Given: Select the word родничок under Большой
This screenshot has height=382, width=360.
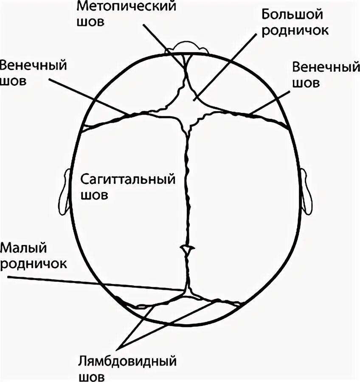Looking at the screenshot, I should pos(295,31).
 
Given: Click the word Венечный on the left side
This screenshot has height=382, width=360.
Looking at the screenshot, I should pos(34,66).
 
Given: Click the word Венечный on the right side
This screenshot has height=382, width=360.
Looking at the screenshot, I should pos(323,67).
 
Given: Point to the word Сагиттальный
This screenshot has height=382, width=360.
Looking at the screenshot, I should pos(127,179).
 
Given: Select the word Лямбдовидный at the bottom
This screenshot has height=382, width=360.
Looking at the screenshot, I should pos(127,362).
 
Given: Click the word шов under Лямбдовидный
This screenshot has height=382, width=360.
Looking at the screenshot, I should pos(92,377).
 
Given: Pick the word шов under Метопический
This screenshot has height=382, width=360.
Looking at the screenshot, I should pos(90,22).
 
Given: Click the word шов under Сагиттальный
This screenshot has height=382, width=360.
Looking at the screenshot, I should pos(94,195).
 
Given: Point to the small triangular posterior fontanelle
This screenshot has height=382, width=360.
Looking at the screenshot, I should pos(187,293).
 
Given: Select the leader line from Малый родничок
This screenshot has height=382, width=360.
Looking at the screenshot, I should pos(93,283).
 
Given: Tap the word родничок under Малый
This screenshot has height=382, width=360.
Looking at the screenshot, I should pos(34,263).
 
